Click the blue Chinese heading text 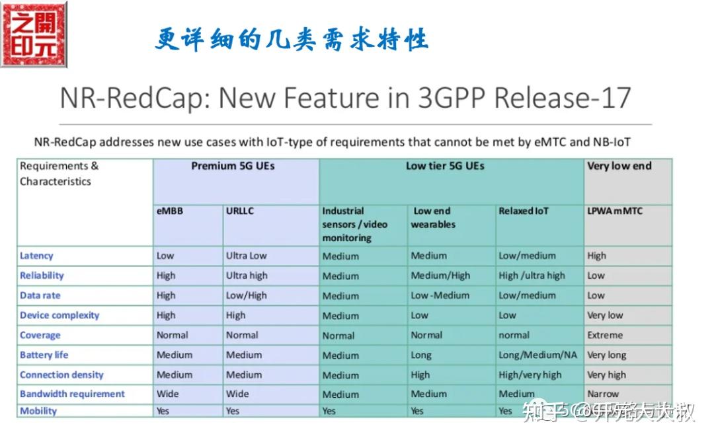(x=292, y=40)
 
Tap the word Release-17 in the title (x=563, y=98)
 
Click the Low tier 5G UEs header (x=445, y=166)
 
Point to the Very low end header (x=619, y=166)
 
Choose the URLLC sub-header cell (x=240, y=211)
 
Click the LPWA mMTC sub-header (x=615, y=211)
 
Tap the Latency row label (x=36, y=256)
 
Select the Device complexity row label (x=59, y=315)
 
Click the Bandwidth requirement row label (x=72, y=394)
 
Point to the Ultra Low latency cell (x=247, y=256)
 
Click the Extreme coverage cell (x=605, y=335)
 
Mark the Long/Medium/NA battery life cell (x=537, y=355)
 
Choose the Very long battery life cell (x=606, y=355)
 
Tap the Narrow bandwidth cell (x=603, y=394)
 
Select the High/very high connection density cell (x=530, y=375)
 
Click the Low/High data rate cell (x=247, y=295)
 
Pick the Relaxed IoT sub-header (x=524, y=211)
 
